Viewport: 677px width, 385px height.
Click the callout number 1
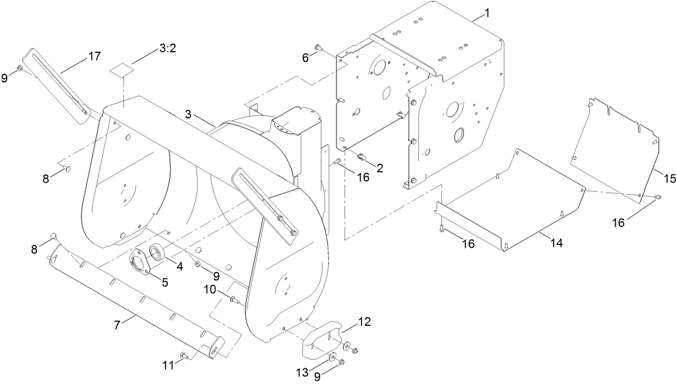[x=487, y=13]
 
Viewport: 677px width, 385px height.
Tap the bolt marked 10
[x=233, y=300]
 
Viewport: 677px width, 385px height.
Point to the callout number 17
[x=95, y=56]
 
